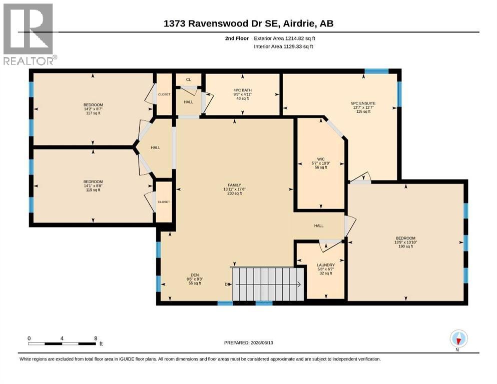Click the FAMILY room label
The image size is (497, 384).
pos(235,185)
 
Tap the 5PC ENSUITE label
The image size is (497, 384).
pos(363,103)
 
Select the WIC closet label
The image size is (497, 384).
pos(321,159)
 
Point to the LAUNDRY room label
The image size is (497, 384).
pos(325,265)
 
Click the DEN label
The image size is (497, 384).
pos(195,275)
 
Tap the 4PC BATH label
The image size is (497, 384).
pos(242,90)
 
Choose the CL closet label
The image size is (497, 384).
pos(189,79)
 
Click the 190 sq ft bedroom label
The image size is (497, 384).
pos(406,238)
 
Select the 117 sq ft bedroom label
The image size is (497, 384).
pos(93,105)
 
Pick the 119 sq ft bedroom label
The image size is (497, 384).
pos(93,181)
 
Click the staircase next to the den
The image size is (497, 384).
pos(268,283)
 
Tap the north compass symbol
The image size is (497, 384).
pos(458,339)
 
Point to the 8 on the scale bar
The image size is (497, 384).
pos(96,338)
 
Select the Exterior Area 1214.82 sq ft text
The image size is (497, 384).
pos(284,38)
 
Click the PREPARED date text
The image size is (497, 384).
pos(248,342)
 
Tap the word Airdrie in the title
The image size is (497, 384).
pos(298,23)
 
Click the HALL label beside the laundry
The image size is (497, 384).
pos(319,225)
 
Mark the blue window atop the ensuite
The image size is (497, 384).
pos(376,71)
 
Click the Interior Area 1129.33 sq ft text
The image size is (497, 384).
pos(283,46)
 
